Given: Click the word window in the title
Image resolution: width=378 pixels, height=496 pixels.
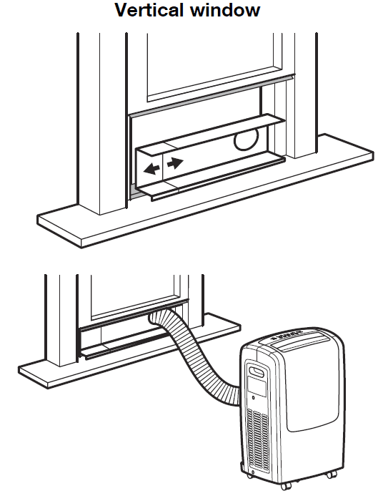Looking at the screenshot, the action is [x=225, y=10].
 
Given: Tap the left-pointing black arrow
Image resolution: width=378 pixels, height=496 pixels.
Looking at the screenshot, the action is [x=151, y=169].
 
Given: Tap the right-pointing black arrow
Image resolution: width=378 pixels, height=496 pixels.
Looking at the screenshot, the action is [x=175, y=162].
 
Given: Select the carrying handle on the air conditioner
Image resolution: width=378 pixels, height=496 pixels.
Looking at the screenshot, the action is [x=257, y=371].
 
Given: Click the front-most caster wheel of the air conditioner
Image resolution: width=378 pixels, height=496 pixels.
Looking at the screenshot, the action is [x=287, y=487].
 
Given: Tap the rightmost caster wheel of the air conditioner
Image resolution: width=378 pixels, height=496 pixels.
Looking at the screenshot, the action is [x=332, y=475].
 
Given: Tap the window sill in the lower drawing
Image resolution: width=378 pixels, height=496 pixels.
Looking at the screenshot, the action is [x=126, y=357].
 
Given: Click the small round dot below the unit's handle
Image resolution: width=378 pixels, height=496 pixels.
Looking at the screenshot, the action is [x=253, y=397].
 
